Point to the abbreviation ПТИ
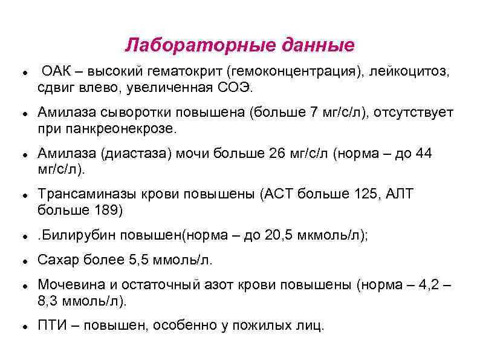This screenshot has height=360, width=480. [x=51, y=325]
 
